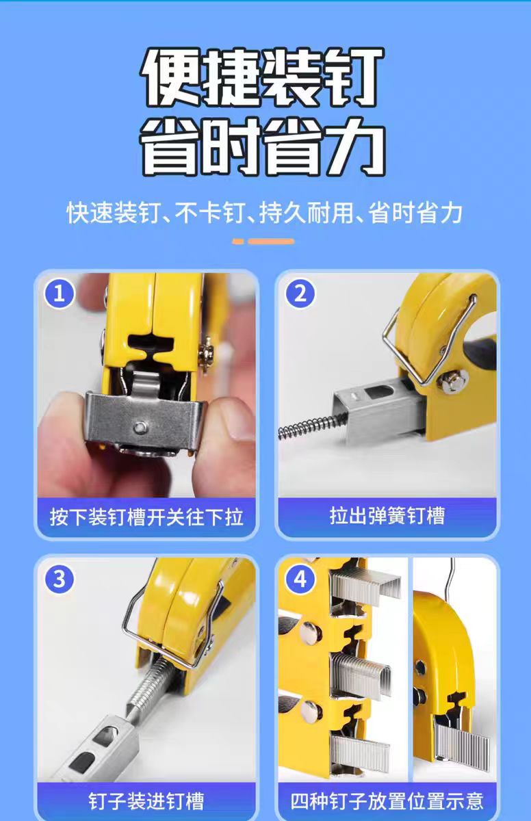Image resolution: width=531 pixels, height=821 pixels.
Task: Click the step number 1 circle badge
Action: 60,294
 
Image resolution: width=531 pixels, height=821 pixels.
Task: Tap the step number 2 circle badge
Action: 300,294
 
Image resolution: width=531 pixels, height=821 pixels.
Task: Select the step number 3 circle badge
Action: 60,579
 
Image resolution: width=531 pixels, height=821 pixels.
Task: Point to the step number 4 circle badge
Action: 300,579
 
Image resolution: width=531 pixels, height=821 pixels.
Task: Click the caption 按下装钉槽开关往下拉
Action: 146,517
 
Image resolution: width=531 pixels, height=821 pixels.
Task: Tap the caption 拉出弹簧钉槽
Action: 387,515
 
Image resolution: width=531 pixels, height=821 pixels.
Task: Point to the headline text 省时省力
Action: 263,146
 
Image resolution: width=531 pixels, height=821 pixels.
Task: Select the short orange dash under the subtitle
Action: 238,242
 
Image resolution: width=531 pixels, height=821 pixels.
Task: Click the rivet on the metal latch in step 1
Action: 140,427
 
